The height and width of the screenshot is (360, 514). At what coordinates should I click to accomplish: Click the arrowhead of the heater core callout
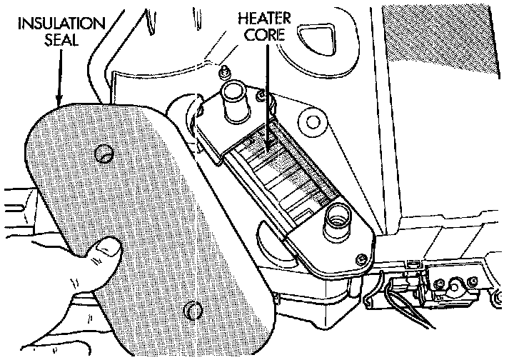click(269, 147)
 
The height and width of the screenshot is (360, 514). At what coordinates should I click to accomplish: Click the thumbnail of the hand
click(109, 249)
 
